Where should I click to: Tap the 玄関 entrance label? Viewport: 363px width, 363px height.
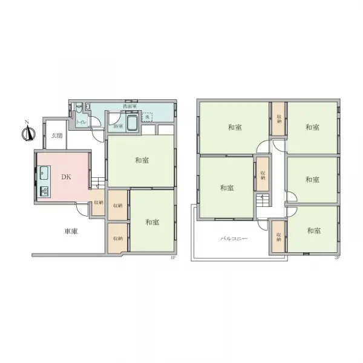(x=56, y=135)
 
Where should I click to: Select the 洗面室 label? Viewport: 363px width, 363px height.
(x=129, y=106)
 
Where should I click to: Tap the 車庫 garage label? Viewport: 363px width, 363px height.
(x=71, y=231)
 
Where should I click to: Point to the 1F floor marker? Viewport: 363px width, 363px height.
(x=173, y=258)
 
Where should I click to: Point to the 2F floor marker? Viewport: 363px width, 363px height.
(x=336, y=258)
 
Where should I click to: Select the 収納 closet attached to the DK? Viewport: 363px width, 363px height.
(x=98, y=203)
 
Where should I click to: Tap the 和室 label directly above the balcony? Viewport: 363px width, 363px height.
(x=226, y=188)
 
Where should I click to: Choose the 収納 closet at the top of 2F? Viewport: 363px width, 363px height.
(x=278, y=119)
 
